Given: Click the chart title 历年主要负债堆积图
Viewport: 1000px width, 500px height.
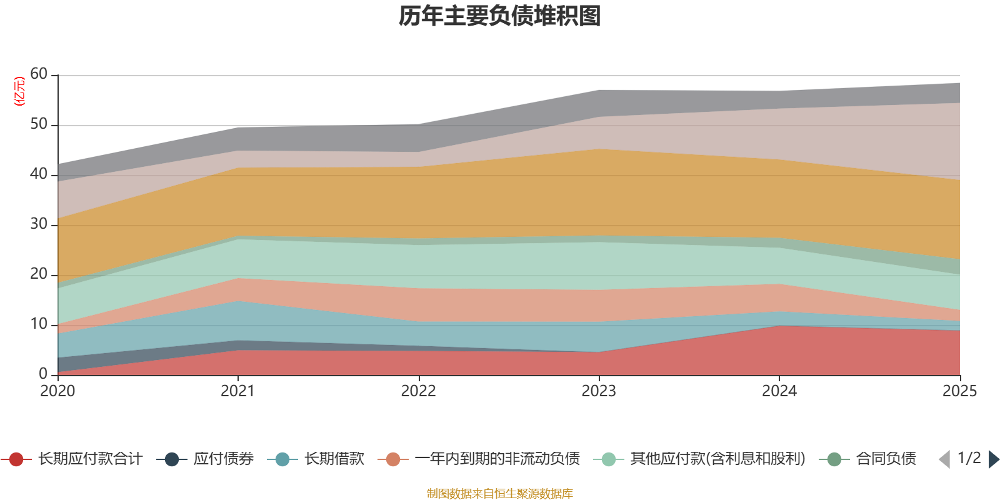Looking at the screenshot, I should tap(500, 16).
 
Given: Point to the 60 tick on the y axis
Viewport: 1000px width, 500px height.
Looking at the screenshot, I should tap(39, 74).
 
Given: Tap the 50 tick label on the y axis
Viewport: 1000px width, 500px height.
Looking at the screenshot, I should tap(39, 124).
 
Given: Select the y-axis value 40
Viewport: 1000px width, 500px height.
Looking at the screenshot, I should tap(39, 174).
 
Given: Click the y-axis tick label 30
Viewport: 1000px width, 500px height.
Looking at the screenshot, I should tap(39, 224).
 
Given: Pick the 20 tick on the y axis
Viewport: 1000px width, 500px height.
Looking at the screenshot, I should tap(39, 274).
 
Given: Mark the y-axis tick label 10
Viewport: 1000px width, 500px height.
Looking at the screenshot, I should tap(39, 324).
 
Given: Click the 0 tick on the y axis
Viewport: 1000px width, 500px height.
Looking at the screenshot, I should tap(43, 374).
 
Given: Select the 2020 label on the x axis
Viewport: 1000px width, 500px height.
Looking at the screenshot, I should tap(57, 391).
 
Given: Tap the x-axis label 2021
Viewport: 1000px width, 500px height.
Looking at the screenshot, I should tap(237, 391).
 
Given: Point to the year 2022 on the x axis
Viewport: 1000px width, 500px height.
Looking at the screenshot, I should tap(418, 391).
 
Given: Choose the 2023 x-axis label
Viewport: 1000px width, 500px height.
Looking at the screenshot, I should tap(599, 391).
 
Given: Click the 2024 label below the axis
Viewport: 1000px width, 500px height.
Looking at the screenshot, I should tap(779, 391).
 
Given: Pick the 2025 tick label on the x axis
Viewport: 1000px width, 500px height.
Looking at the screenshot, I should tap(959, 391).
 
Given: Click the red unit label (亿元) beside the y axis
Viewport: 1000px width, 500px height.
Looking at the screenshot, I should tap(19, 91).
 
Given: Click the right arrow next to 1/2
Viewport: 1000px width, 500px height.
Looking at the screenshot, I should tap(993, 459).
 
